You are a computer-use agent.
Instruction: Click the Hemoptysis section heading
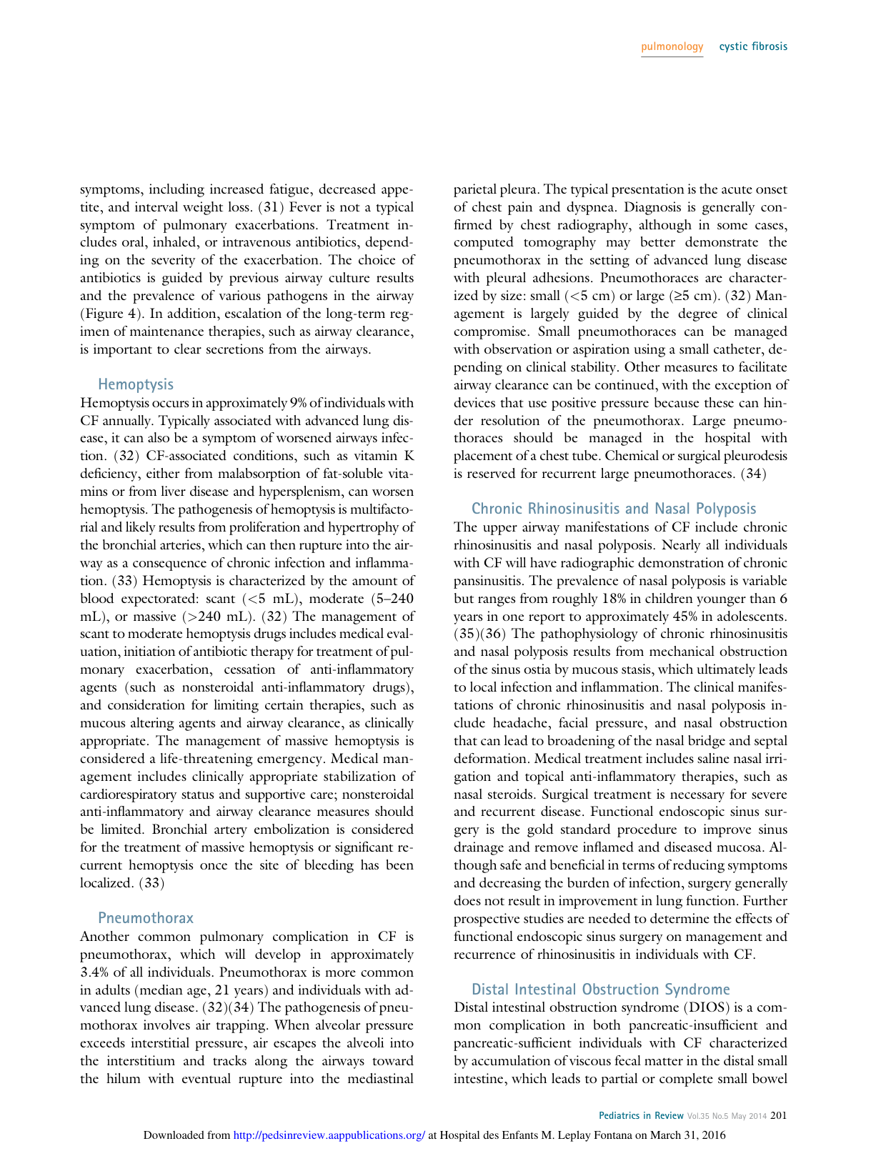pyautogui.click(x=136, y=384)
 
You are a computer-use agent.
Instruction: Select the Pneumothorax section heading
pyautogui.click(x=145, y=918)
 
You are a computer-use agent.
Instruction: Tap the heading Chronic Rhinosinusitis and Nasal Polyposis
pyautogui.click(x=613, y=509)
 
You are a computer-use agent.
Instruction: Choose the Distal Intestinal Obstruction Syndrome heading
pyautogui.click(x=600, y=990)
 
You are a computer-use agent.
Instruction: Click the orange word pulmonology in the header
pyautogui.click(x=672, y=46)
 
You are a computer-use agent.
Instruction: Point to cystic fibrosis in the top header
pyautogui.click(x=753, y=46)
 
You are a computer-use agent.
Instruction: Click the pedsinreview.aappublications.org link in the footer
pyautogui.click(x=329, y=1135)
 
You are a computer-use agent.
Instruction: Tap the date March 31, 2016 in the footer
pyautogui.click(x=687, y=1135)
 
